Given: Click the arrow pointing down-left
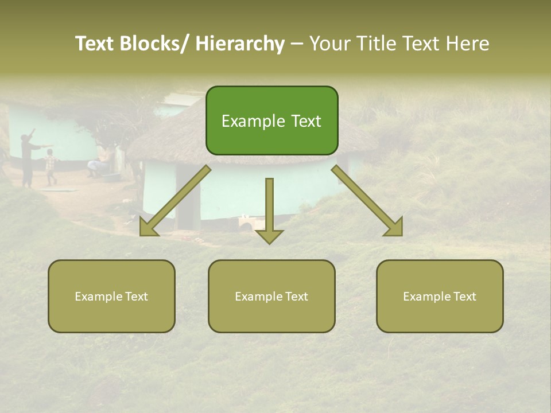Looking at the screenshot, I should [x=175, y=201].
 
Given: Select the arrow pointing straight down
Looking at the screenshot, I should [x=269, y=209].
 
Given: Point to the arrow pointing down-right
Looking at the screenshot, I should [x=367, y=201].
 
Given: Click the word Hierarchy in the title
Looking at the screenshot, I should [x=240, y=44].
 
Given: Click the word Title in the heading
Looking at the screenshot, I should [x=377, y=44].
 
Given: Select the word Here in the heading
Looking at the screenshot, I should [x=468, y=44].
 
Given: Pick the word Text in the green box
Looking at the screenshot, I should [x=306, y=121].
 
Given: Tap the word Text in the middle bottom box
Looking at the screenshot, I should [x=295, y=297].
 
